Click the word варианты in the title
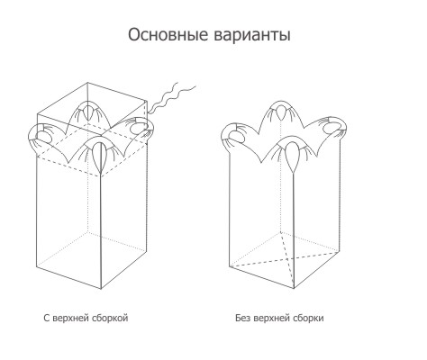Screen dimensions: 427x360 252,35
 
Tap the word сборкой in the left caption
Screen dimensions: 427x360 111,318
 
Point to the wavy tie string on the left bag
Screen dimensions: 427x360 171,97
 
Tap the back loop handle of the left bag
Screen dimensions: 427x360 88,111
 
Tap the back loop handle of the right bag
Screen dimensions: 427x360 280,111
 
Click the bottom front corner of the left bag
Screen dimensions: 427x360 101,289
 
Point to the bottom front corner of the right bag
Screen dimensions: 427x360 294,288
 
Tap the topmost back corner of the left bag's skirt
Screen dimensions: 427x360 87,82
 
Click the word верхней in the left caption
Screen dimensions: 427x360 71,318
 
